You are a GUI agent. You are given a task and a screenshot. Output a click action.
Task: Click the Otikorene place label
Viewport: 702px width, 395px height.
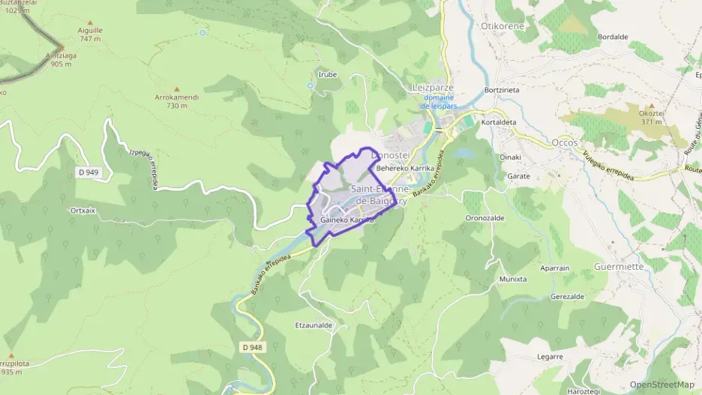coord(502,25)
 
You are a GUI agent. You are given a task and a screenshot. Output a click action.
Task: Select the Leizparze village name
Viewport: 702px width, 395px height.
coord(433,87)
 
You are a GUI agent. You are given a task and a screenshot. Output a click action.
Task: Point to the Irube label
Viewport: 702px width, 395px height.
coord(327,74)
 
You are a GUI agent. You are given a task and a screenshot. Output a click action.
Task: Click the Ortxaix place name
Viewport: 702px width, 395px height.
coord(82,211)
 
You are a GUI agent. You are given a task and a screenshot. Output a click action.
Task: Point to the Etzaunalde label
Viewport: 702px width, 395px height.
coord(313,325)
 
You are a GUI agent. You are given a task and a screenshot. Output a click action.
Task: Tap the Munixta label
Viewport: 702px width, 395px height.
coord(513,279)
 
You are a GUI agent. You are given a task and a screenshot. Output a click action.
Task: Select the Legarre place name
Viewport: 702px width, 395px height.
coord(550,357)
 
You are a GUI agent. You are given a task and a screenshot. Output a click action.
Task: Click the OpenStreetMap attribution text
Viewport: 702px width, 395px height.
coord(661,385)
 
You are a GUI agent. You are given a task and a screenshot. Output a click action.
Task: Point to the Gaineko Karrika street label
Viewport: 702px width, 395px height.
coord(346,220)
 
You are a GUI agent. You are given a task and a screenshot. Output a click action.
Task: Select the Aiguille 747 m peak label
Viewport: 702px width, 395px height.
coord(89,34)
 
